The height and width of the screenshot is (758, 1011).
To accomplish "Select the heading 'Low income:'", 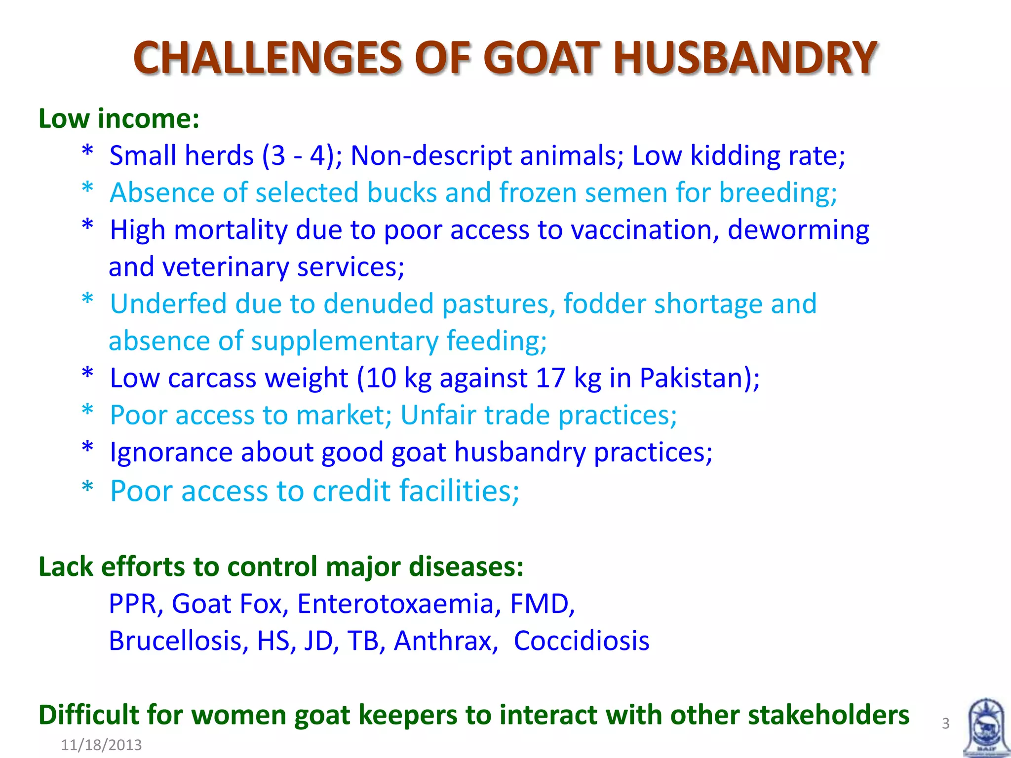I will pyautogui.click(x=119, y=119).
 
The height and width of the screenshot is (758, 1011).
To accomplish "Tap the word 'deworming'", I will pyautogui.click(x=798, y=231).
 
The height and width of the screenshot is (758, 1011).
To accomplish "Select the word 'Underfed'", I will pyautogui.click(x=168, y=303).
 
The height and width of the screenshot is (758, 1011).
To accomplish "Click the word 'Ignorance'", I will pyautogui.click(x=171, y=453).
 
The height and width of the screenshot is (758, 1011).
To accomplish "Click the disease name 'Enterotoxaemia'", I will pyautogui.click(x=395, y=604).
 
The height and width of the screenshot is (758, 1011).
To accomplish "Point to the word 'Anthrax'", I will pyautogui.click(x=443, y=641).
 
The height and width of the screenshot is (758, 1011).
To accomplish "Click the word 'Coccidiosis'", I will pyautogui.click(x=582, y=641).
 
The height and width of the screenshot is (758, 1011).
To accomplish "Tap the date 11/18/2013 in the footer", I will pyautogui.click(x=101, y=745).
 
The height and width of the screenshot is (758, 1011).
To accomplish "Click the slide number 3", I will pyautogui.click(x=945, y=723).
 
